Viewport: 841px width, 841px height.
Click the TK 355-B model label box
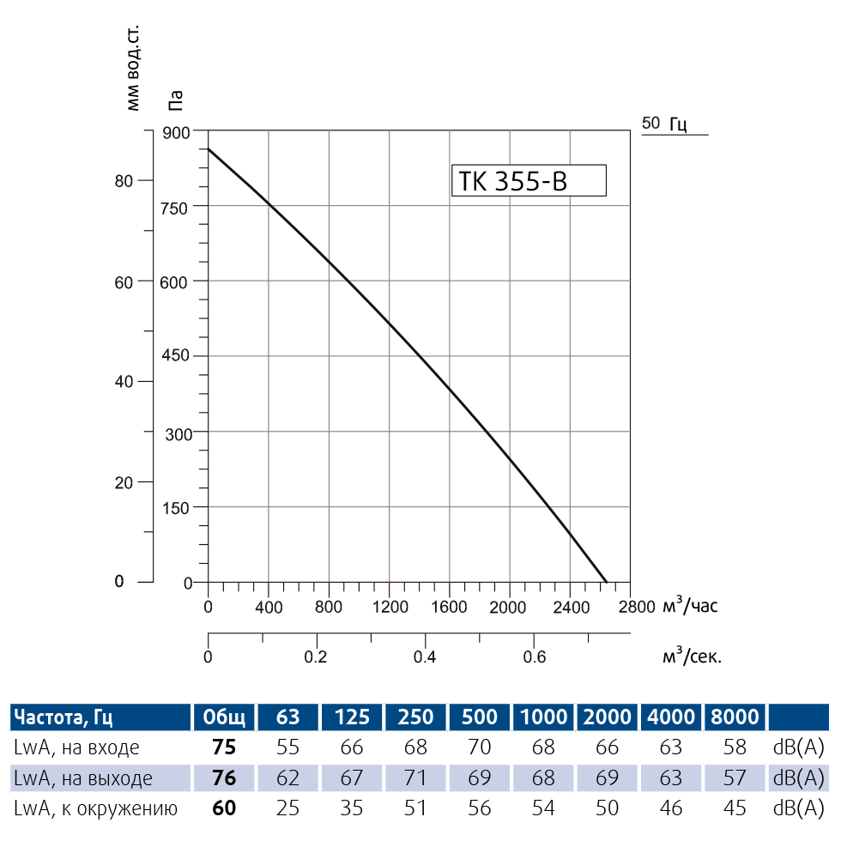pos(529,181)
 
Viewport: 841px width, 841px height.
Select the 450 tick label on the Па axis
pos(174,356)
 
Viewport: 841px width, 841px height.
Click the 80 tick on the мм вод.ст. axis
pos(124,181)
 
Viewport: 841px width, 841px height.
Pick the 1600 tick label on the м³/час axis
pos(450,608)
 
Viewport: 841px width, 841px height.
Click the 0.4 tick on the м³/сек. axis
pos(425,657)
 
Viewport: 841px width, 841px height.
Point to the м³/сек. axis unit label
pos(693,657)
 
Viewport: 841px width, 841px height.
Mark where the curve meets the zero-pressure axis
pos(607,583)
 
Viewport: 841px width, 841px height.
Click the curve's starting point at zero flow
pos(208,149)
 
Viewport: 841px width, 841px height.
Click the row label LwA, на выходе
pos(83,778)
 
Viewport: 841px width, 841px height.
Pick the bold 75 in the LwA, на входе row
pos(223,747)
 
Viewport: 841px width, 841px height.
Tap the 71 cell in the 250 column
pos(415,778)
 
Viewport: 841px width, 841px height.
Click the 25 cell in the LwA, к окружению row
pos(287,808)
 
